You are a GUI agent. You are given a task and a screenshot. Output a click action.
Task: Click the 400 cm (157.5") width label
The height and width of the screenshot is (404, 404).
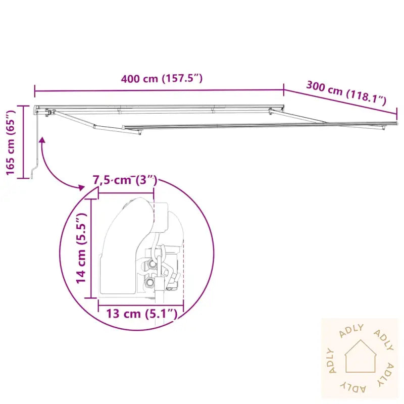pyautogui.click(x=162, y=79)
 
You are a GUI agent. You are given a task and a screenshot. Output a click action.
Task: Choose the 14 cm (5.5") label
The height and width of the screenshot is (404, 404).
pyautogui.click(x=81, y=248)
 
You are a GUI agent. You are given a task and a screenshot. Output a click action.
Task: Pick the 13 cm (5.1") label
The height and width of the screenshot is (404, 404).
pyautogui.click(x=141, y=314)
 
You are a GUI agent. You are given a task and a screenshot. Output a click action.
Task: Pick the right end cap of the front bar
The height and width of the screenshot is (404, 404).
pyautogui.click(x=397, y=123)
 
